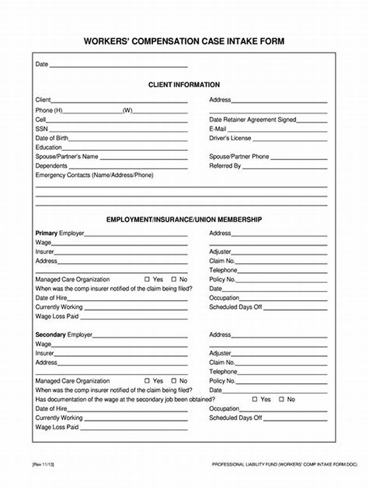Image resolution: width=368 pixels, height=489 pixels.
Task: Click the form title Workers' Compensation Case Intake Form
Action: [x=184, y=41]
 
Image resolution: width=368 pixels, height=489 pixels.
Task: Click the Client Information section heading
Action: [x=184, y=85]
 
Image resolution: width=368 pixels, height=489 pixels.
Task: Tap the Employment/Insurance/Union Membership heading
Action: [x=184, y=220]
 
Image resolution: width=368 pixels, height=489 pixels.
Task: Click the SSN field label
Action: [x=41, y=129]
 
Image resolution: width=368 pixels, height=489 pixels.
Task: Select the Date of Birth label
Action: [x=52, y=138]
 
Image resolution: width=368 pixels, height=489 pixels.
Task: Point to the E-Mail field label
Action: [x=218, y=129]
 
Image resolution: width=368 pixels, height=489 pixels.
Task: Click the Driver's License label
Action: [x=230, y=138]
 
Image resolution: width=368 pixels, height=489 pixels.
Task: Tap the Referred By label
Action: [x=225, y=166]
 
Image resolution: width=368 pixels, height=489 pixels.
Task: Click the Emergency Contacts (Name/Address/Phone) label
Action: [x=94, y=175]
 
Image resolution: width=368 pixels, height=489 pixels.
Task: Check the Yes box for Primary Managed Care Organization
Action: [x=147, y=279]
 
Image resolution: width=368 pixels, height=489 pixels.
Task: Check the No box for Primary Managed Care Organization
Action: [x=174, y=279]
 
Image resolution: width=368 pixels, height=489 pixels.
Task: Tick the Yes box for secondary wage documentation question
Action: [x=254, y=399]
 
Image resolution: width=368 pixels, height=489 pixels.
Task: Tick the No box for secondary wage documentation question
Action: [x=282, y=399]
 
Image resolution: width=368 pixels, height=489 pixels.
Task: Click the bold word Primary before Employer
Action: [x=46, y=233]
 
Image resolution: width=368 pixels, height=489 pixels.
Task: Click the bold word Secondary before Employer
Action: [x=51, y=335]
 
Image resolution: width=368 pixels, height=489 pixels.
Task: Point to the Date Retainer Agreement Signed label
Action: [x=253, y=120]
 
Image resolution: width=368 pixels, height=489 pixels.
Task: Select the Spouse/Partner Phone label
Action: [x=239, y=156]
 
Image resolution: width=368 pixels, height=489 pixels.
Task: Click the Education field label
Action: [x=48, y=147]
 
